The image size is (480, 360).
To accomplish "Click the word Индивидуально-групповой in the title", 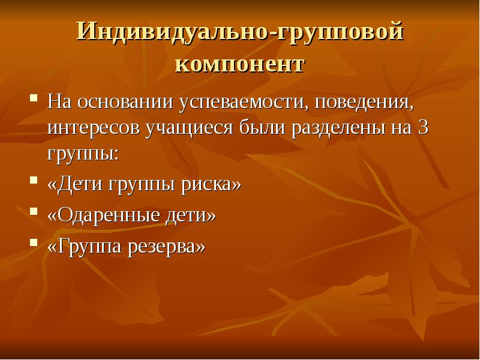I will pos(239,31).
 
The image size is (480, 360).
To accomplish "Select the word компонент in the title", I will pos(239,63).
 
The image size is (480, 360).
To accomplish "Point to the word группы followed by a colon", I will pos(82,153).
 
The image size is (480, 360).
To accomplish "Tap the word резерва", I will pos(170,245).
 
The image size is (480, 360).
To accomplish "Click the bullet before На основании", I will pos(34,97).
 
